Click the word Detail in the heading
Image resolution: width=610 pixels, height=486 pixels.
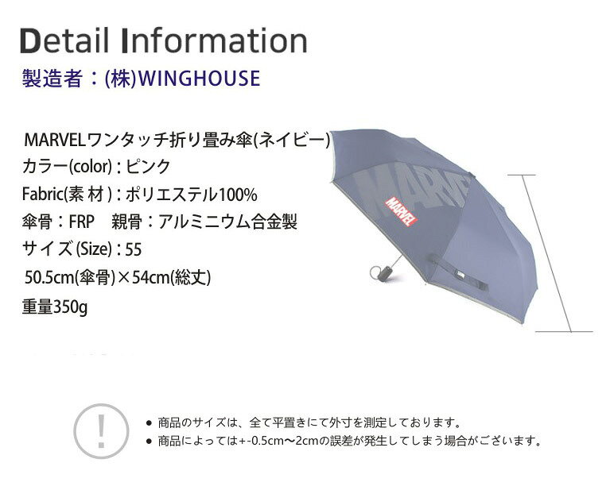(64, 40)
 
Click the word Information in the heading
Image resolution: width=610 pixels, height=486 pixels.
(215, 40)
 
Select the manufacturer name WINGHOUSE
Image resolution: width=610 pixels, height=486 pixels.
(200, 78)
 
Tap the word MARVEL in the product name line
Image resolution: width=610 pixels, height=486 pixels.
(54, 140)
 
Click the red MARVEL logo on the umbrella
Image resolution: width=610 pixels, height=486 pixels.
(401, 212)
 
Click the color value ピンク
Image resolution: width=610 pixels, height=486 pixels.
(148, 167)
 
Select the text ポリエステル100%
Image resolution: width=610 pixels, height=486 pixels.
(192, 195)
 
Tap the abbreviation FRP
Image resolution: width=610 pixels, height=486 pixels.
(82, 222)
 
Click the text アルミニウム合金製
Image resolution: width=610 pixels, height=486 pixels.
(227, 222)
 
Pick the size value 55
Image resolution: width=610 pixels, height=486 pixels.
(134, 250)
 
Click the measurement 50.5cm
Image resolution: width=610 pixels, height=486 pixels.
(49, 278)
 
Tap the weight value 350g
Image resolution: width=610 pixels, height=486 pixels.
(70, 307)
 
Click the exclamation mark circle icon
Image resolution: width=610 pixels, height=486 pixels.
(101, 431)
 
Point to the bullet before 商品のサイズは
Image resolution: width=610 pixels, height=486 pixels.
(148, 422)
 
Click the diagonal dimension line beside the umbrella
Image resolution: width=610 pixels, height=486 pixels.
(546, 253)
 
